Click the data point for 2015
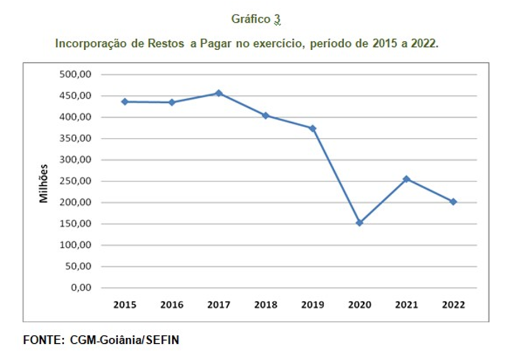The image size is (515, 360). tap(125, 102)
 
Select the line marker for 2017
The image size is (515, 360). tap(219, 93)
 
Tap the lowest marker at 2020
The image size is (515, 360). tap(359, 223)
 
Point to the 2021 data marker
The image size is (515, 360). tap(406, 179)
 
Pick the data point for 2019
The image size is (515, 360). tap(312, 128)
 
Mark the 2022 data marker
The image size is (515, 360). tap(453, 201)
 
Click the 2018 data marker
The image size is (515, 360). tap(266, 116)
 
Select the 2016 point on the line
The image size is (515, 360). tap(172, 102)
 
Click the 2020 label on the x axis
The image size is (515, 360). tap(359, 305)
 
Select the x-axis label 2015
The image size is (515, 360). tap(125, 305)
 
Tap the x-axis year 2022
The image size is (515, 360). tap(453, 305)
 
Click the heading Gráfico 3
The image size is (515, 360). tap(256, 20)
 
